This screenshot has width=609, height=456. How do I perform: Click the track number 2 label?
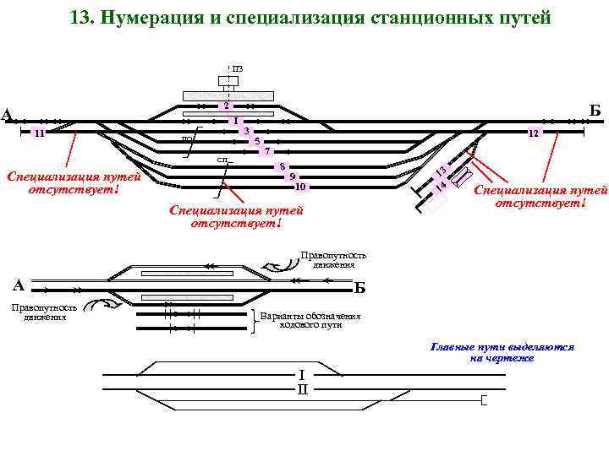pyautogui.click(x=226, y=106)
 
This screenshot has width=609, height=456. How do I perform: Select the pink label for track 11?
pyautogui.click(x=40, y=133)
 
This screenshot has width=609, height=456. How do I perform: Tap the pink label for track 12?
pyautogui.click(x=534, y=133)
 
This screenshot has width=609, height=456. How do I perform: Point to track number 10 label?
pyautogui.click(x=301, y=187)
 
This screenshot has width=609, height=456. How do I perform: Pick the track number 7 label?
pyautogui.click(x=266, y=151)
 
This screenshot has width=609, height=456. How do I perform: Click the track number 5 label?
pyautogui.click(x=255, y=141)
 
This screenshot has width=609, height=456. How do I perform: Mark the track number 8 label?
pyautogui.click(x=283, y=166)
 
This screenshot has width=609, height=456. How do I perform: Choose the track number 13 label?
pyautogui.click(x=442, y=172)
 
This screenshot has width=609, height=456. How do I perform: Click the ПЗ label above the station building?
pyautogui.click(x=238, y=68)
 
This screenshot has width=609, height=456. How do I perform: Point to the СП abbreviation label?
pyautogui.click(x=222, y=160)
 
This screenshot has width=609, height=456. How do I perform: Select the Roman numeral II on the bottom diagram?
pyautogui.click(x=302, y=389)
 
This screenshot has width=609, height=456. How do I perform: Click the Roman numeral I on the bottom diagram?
pyautogui.click(x=301, y=374)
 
